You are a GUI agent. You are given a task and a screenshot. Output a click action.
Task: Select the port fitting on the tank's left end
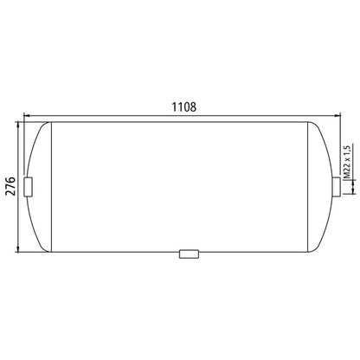pos(28,185)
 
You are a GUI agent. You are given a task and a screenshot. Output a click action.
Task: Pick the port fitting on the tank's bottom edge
pos(188,254)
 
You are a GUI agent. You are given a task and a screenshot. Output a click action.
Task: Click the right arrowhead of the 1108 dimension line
pos(337,115)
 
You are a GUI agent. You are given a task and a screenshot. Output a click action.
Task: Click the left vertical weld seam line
pos(55,185)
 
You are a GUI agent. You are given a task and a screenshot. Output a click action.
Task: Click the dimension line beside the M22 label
pos(337,164)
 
